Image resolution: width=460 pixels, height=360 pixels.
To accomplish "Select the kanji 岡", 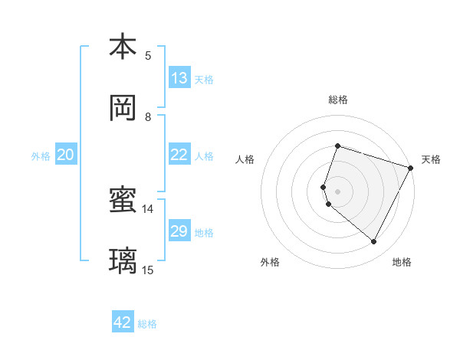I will point(123,108).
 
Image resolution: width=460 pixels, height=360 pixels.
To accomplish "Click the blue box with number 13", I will point(179,77).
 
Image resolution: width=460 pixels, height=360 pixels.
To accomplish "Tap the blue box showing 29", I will point(179,231).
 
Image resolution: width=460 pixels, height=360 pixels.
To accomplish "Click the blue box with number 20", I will point(66,155).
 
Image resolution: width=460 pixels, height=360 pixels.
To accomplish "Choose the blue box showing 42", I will point(123,322).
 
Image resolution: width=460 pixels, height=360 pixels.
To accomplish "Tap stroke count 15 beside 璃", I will point(148,270).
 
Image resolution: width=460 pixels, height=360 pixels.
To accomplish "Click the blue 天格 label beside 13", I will point(204,79).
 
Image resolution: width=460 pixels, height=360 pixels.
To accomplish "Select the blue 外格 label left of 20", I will point(41,156).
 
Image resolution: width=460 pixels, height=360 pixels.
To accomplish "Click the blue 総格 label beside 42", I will point(147,324).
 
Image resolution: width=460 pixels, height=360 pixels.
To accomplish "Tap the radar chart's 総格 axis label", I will point(338,100).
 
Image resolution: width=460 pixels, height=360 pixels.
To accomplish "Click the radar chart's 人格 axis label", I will point(245,159).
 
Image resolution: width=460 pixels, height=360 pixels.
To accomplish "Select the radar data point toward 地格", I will point(374,242).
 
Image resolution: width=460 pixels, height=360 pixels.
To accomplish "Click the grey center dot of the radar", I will point(337,191).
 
